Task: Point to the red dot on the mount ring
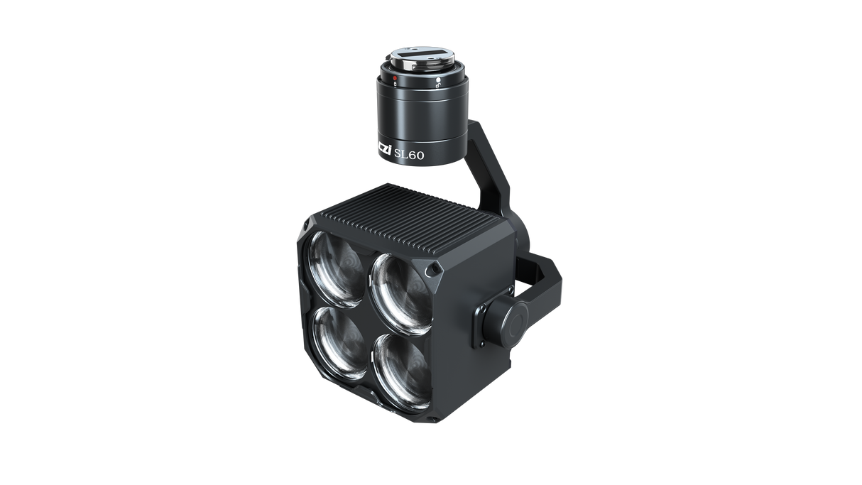point(395,77)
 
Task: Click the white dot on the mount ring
point(439,80)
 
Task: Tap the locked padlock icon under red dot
point(395,83)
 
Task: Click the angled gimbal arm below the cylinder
point(490,174)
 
